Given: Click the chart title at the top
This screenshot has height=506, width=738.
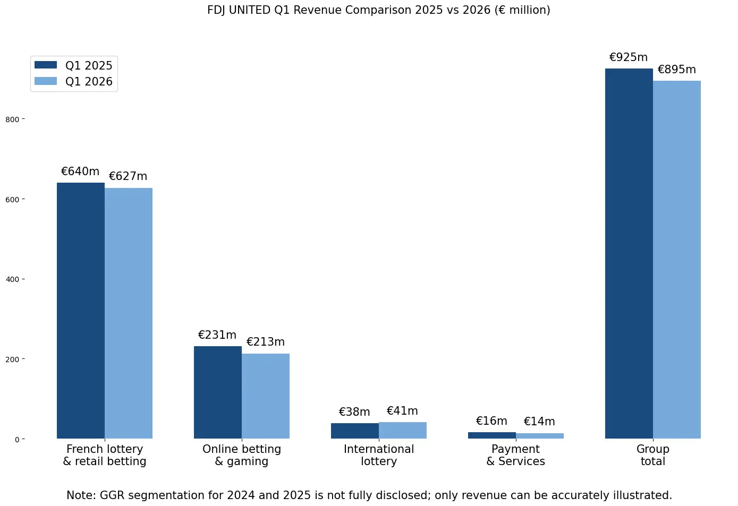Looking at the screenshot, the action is (378, 10).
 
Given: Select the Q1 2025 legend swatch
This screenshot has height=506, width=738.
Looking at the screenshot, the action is (46, 65).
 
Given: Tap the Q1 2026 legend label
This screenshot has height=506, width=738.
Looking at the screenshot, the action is (89, 81).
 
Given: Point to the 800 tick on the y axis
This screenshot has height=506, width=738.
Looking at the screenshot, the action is (23, 119).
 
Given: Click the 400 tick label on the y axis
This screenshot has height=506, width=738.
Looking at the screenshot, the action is (12, 279).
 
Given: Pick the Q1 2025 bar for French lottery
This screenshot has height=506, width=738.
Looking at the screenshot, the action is (81, 311).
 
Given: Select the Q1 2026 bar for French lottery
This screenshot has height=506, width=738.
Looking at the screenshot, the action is (129, 313).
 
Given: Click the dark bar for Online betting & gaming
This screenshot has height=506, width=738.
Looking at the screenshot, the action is (218, 392).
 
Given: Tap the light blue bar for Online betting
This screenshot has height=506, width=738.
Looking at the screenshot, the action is (266, 396).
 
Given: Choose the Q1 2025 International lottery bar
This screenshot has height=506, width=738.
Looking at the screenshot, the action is (355, 431).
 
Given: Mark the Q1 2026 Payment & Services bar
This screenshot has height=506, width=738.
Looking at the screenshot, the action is (540, 435).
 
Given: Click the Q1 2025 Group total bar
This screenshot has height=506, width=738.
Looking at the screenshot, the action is (629, 253).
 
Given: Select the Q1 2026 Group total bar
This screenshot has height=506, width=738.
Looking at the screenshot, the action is (677, 260).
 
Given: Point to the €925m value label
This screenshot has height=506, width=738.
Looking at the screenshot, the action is (629, 57).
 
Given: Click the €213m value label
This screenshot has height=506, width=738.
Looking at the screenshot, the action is (265, 342).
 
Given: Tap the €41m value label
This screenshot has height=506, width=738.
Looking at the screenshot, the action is (402, 410).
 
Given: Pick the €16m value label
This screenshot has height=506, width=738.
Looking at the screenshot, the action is (491, 421).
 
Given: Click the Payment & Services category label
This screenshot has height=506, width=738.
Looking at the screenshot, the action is (515, 455).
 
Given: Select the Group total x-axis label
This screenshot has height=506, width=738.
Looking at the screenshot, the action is (652, 455).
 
